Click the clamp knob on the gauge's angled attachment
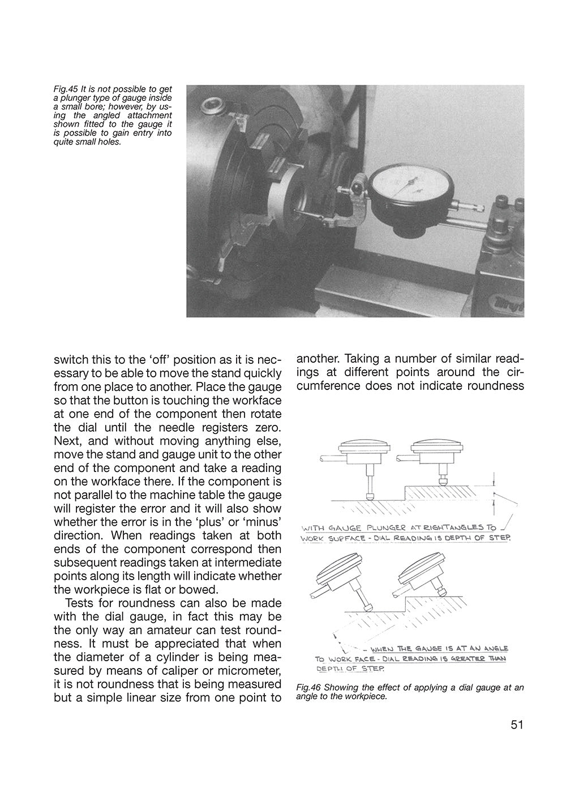click(357, 185)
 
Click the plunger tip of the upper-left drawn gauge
click(370, 495)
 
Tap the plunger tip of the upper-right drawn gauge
click(443, 482)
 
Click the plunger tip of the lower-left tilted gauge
click(368, 608)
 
